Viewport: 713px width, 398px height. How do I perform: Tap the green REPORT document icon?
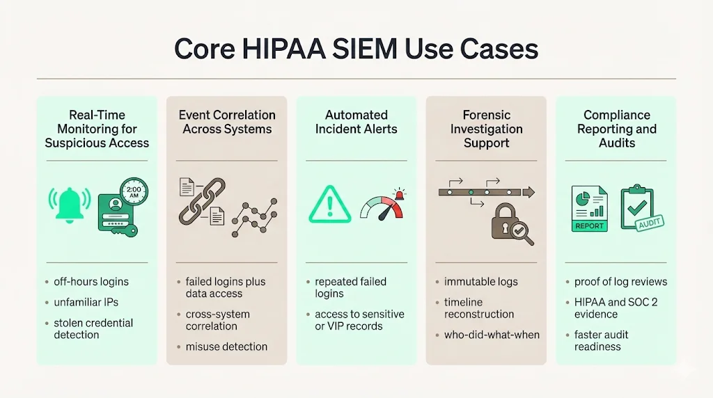(x=588, y=209)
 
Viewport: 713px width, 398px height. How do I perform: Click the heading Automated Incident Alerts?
(x=356, y=122)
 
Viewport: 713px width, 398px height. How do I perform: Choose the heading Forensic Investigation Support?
(x=486, y=129)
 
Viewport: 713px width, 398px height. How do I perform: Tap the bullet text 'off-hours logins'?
(x=91, y=282)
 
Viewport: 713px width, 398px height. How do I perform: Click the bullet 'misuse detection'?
(x=226, y=347)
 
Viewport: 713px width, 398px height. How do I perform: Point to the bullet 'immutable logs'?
(x=480, y=282)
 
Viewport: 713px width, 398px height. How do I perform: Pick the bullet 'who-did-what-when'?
(x=492, y=335)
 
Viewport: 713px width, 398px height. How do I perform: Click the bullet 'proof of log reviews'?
(x=620, y=282)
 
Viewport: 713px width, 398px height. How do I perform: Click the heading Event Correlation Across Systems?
(x=227, y=122)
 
